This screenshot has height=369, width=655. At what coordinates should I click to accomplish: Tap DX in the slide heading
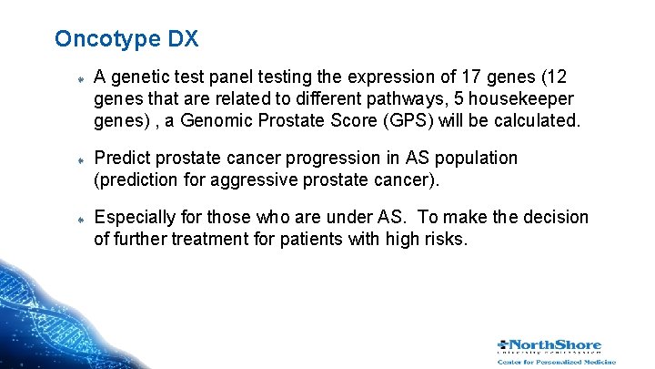point(183,39)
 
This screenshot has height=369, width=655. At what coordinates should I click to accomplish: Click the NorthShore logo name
point(558,345)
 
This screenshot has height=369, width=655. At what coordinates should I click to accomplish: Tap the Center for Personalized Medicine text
point(556,362)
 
